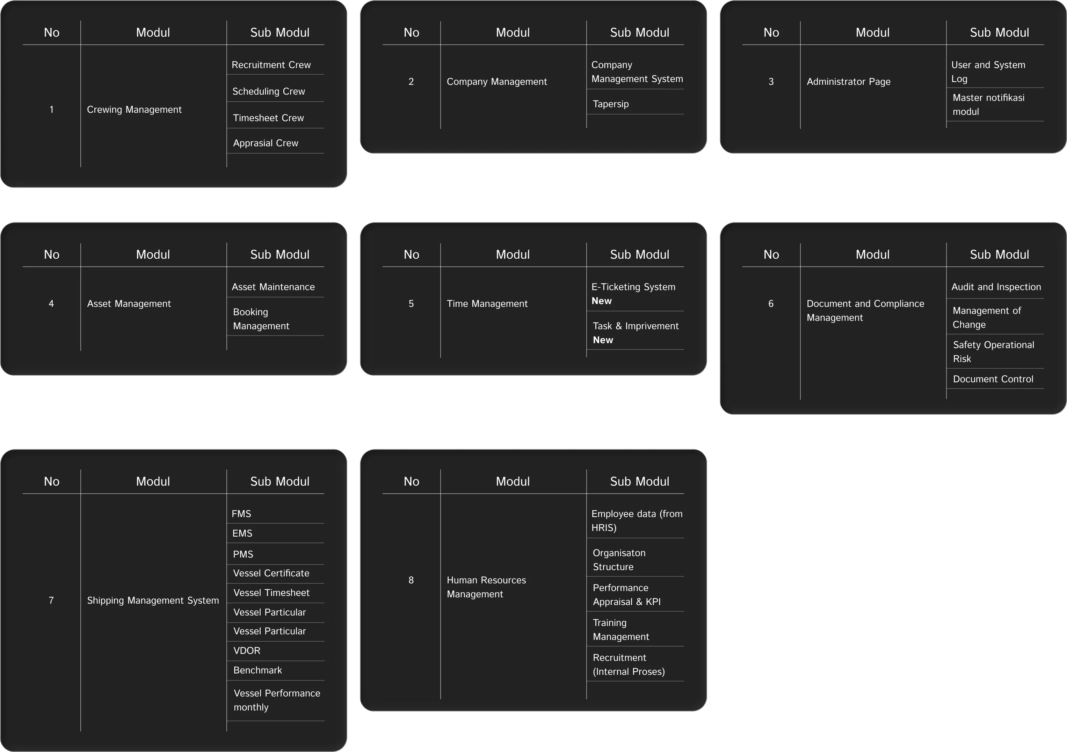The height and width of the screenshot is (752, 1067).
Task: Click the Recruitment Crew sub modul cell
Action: tap(271, 65)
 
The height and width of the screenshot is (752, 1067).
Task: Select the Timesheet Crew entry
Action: tap(268, 118)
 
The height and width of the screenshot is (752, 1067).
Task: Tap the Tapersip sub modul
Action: tap(611, 104)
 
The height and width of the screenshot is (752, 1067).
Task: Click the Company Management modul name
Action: tap(496, 82)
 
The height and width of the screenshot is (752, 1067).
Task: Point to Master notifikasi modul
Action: tap(988, 104)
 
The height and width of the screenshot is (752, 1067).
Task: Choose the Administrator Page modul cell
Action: tap(848, 82)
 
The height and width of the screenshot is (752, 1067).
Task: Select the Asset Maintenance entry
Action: tap(273, 287)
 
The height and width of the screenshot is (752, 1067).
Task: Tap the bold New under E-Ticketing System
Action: tap(601, 301)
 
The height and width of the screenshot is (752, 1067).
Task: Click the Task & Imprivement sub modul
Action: tap(635, 326)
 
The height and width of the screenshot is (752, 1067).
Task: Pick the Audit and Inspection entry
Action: tap(996, 287)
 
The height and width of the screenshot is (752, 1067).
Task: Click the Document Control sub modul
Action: tap(993, 379)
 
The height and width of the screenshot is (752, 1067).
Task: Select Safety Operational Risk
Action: tap(993, 352)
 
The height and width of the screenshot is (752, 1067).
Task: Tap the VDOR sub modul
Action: tap(247, 651)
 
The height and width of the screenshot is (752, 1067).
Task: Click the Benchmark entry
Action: tap(257, 670)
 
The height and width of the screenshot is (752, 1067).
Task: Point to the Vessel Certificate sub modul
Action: tap(271, 573)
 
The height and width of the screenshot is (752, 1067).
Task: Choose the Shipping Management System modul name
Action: tap(152, 600)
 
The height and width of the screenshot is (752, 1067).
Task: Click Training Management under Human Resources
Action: tap(620, 630)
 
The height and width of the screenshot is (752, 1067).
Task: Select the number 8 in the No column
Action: tap(411, 580)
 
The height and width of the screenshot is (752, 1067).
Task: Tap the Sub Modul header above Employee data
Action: tap(639, 482)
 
